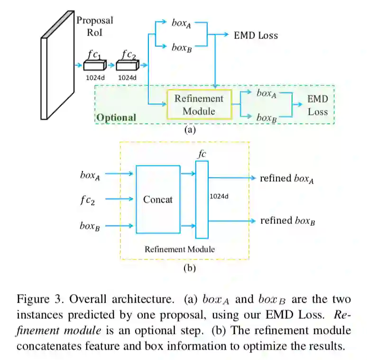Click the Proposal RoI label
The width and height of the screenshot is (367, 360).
[94, 27]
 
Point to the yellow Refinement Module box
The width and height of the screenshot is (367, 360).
[199, 104]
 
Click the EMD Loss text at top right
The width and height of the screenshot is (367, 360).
[256, 35]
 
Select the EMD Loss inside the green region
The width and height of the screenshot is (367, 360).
[317, 105]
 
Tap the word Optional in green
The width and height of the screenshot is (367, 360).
[117, 117]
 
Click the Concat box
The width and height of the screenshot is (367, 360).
[158, 199]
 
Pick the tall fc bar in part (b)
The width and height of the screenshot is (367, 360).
[202, 199]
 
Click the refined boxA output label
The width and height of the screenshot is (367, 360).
[287, 178]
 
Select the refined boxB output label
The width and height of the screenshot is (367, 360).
[287, 221]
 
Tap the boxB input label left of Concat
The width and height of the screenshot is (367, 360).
[90, 226]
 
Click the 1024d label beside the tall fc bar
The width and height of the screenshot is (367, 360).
[220, 195]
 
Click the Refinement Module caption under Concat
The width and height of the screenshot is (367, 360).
[179, 249]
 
